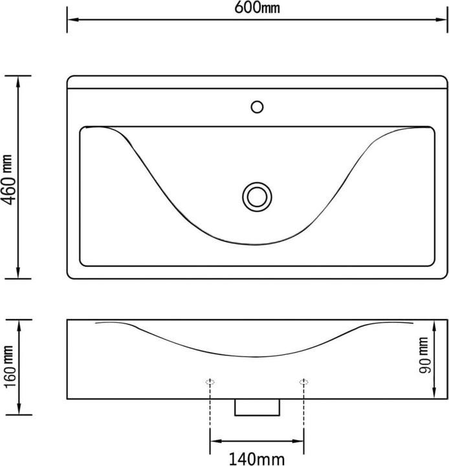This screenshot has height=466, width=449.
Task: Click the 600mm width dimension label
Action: click(258, 8)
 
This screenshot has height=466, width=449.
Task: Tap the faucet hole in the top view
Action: click(257, 106)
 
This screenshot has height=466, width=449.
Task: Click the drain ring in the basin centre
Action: click(257, 195)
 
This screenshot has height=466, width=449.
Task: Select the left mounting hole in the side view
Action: click(210, 382)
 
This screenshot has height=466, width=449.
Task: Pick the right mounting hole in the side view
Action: click(303, 382)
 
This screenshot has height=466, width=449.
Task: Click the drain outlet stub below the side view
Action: click(257, 406)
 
